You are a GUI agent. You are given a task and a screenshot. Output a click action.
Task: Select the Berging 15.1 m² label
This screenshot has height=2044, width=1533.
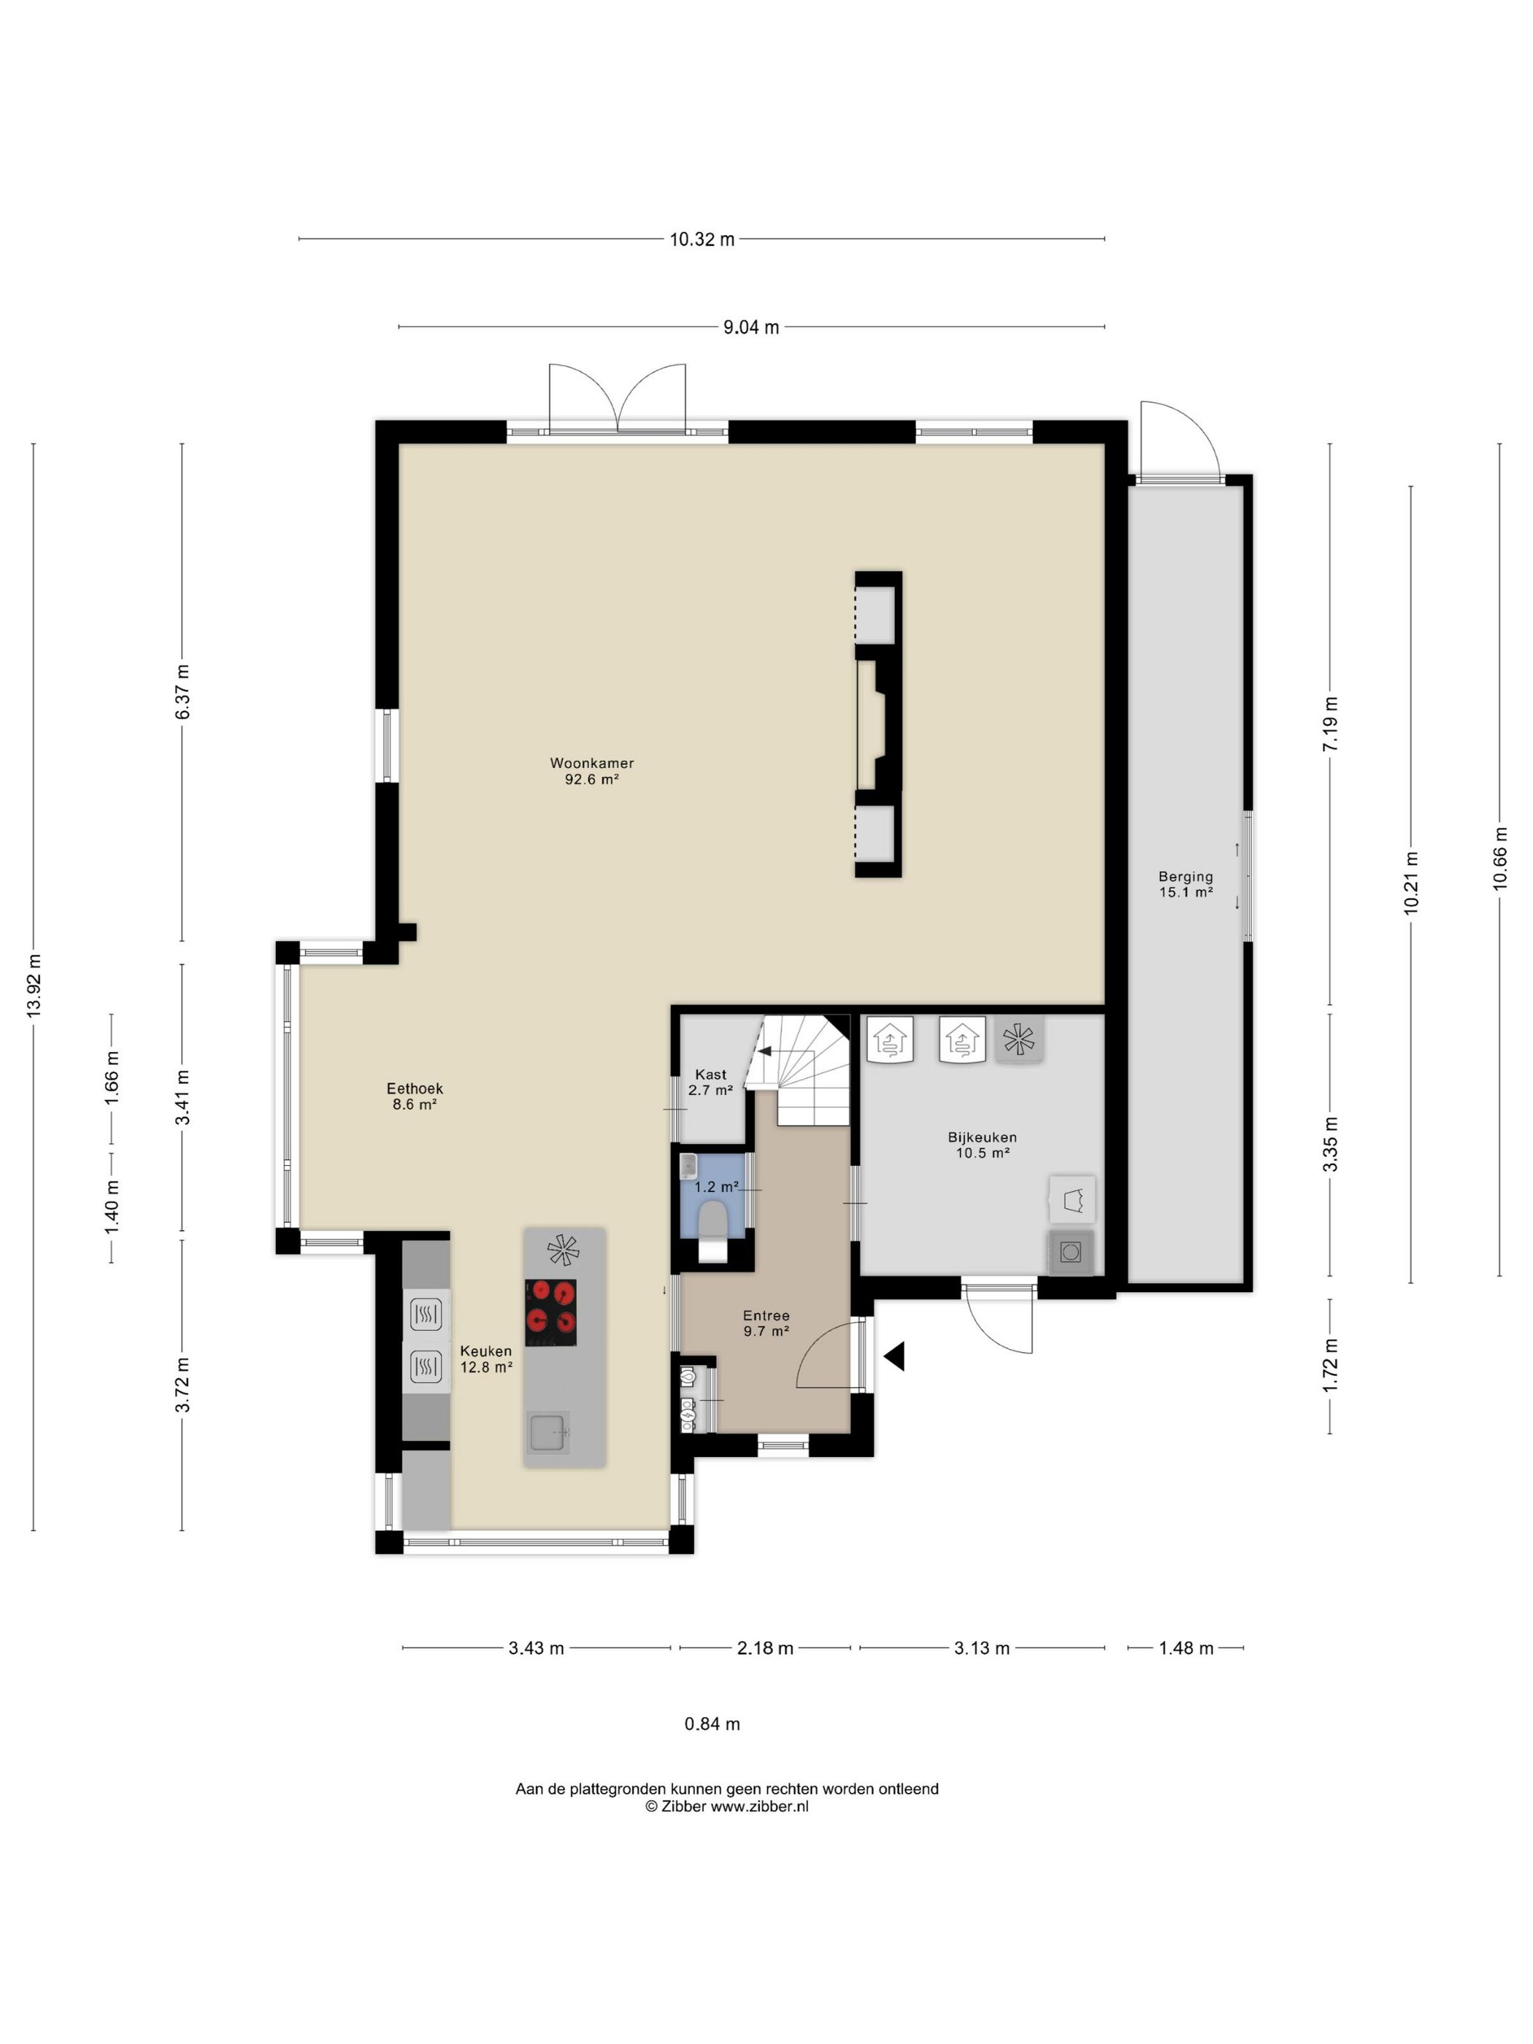point(1186,884)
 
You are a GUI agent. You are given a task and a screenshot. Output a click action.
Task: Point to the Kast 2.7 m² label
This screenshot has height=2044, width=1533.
point(710,1082)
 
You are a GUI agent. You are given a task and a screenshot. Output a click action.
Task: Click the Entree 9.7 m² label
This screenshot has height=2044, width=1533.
point(766,1323)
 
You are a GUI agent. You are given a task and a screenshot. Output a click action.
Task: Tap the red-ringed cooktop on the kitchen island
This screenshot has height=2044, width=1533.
point(550,1312)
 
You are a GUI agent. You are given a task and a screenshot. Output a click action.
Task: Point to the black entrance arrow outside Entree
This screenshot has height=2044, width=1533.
point(893,1356)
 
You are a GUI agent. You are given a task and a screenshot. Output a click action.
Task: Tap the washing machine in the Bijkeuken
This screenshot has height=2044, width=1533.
point(1071,1252)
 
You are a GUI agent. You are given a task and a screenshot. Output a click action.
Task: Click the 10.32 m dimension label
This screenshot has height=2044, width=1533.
point(702,239)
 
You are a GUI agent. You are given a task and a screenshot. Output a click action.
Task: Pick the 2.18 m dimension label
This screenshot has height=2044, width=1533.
point(765,1648)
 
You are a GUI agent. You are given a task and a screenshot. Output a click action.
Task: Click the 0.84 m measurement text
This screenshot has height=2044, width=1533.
point(712,1724)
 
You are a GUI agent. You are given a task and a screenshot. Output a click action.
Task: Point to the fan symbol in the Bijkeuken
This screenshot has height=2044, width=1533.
point(1018,1040)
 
